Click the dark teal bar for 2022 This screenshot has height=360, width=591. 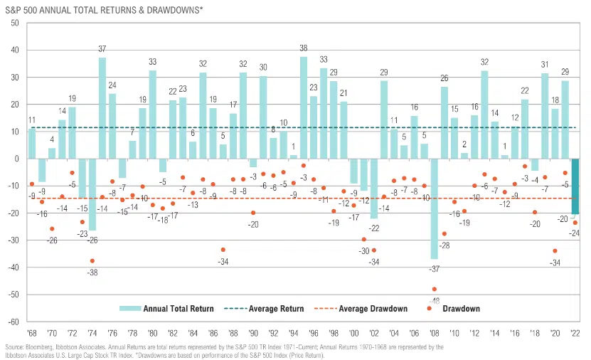pyautogui.click(x=575, y=186)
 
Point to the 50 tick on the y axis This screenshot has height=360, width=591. pyautogui.click(x=14, y=23)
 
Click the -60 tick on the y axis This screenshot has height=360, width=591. pyautogui.click(x=13, y=321)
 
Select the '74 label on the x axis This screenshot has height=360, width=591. pyautogui.click(x=92, y=332)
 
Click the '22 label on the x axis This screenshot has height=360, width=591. pyautogui.click(x=575, y=332)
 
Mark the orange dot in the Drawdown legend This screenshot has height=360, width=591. pyautogui.click(x=430, y=309)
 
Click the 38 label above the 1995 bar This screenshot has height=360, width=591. pyautogui.click(x=304, y=48)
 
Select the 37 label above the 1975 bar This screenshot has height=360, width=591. pyautogui.click(x=102, y=49)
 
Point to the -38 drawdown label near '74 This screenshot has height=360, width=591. pyautogui.click(x=92, y=272)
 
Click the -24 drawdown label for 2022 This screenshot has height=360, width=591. pyautogui.click(x=575, y=233)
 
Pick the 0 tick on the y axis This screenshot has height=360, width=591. pyautogui.click(x=16, y=159)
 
